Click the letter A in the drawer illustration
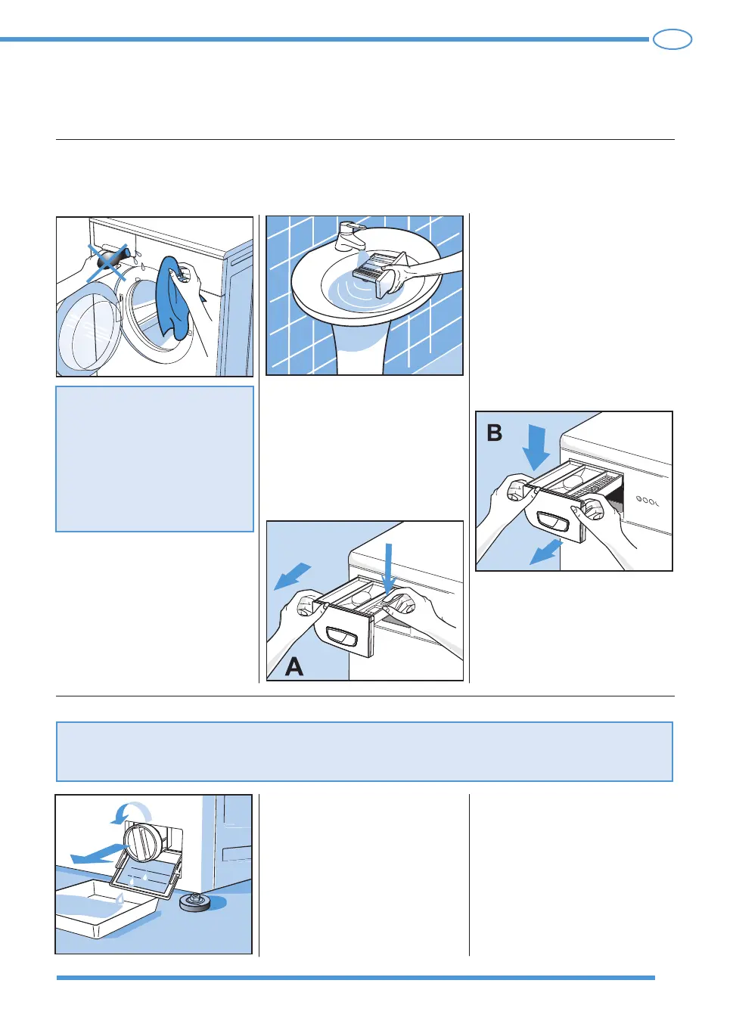[294, 665]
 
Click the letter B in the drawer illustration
[494, 433]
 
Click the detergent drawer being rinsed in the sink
[380, 271]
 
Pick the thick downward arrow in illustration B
[536, 447]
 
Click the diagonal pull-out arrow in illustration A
[292, 576]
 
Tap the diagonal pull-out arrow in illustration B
[545, 552]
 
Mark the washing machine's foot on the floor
[195, 902]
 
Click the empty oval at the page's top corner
[672, 39]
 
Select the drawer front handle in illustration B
[552, 522]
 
